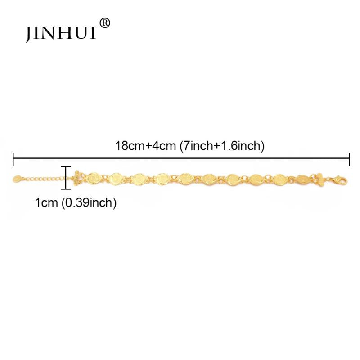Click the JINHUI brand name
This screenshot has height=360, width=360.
(60, 33)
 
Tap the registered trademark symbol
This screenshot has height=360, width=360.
(105, 23)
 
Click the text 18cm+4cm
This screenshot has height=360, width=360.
(145, 146)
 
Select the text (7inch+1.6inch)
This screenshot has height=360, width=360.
(222, 146)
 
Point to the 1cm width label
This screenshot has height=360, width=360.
(46, 203)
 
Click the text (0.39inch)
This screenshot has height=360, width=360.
(89, 203)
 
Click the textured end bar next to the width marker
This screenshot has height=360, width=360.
(76, 178)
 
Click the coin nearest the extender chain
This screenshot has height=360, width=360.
(93, 178)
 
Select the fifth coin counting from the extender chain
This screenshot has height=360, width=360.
(186, 179)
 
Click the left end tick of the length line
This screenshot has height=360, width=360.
(13, 159)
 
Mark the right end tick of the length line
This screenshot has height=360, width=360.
(349, 159)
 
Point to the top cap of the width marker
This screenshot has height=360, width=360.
(66, 166)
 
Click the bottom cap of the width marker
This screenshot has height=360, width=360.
(66, 189)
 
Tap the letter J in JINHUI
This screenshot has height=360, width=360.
(28, 35)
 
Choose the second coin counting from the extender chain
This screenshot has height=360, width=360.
(116, 178)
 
